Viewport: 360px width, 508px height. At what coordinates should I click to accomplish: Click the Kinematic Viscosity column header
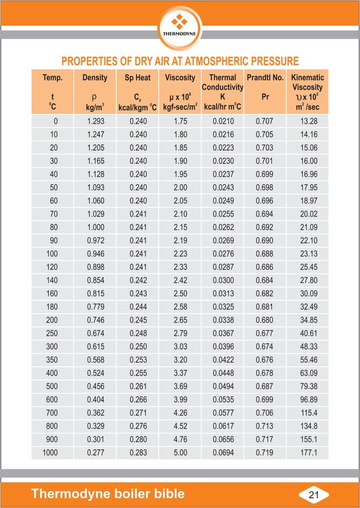tap(308, 82)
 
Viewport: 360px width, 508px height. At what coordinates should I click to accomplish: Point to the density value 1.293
tap(95, 121)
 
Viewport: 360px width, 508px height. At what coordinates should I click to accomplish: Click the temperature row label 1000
tap(50, 452)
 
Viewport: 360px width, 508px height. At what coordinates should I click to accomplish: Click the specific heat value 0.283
tap(138, 452)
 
